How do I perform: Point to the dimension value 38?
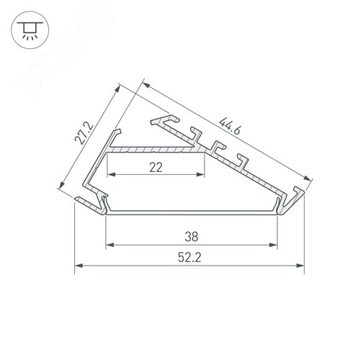click(192, 236)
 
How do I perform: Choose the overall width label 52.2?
click(191, 257)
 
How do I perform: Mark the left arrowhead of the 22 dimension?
click(110, 175)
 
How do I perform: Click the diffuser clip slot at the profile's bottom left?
click(105, 208)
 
